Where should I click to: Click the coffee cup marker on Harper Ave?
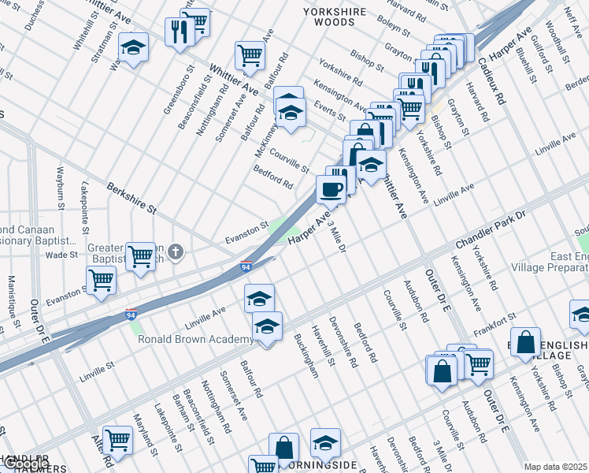coord(331,189)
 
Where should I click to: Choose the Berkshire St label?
coord(132,200)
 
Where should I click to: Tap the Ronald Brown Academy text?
coord(196,340)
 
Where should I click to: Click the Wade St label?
coord(61,255)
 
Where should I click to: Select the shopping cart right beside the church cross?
coord(141,256)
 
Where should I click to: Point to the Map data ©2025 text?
coord(555,467)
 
